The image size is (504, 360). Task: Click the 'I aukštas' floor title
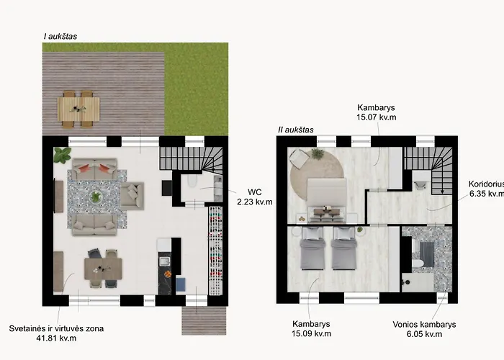click(60, 36)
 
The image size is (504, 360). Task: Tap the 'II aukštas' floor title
click(296, 130)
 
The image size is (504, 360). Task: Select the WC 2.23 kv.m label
click(255, 197)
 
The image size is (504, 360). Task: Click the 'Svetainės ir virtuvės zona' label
click(56, 328)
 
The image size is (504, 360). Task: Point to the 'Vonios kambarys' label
click(424, 324)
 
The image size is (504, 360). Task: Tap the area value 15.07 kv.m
click(376, 117)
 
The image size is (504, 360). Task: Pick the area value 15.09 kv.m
click(312, 333)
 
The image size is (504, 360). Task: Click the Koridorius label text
click(486, 184)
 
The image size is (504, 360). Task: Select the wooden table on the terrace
click(78, 109)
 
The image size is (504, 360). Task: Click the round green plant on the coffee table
click(96, 197)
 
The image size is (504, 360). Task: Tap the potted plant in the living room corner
click(62, 154)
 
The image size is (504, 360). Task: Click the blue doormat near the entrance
click(181, 284)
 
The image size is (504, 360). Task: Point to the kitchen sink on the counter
click(165, 261)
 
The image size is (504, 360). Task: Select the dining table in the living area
click(103, 269)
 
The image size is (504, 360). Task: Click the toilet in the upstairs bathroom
click(418, 264)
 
